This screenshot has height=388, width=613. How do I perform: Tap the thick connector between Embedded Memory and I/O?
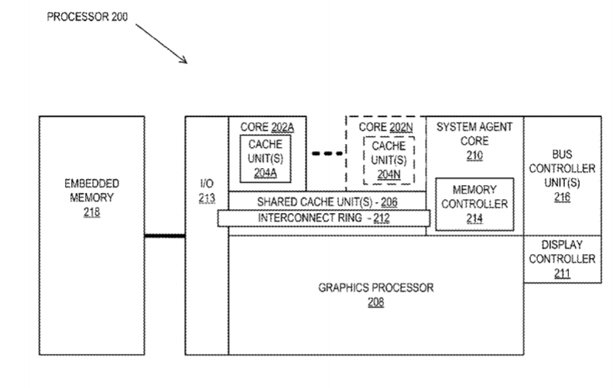165,235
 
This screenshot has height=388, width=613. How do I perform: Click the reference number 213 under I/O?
206,198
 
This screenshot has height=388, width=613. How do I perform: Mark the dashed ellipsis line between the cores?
327,154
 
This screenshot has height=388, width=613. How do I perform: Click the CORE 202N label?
385,127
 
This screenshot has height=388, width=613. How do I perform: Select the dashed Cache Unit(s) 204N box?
388,160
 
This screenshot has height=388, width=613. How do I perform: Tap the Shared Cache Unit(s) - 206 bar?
327,201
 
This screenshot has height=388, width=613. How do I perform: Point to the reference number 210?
474,156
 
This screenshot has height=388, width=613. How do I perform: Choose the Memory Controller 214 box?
474,204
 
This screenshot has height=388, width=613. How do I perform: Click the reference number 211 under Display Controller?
563,273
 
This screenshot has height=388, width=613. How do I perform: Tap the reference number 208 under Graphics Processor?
376,302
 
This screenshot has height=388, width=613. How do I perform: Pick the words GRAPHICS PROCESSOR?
376,287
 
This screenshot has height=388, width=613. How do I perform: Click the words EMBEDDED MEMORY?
91,191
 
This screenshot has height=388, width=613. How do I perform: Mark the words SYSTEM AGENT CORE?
474,134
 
